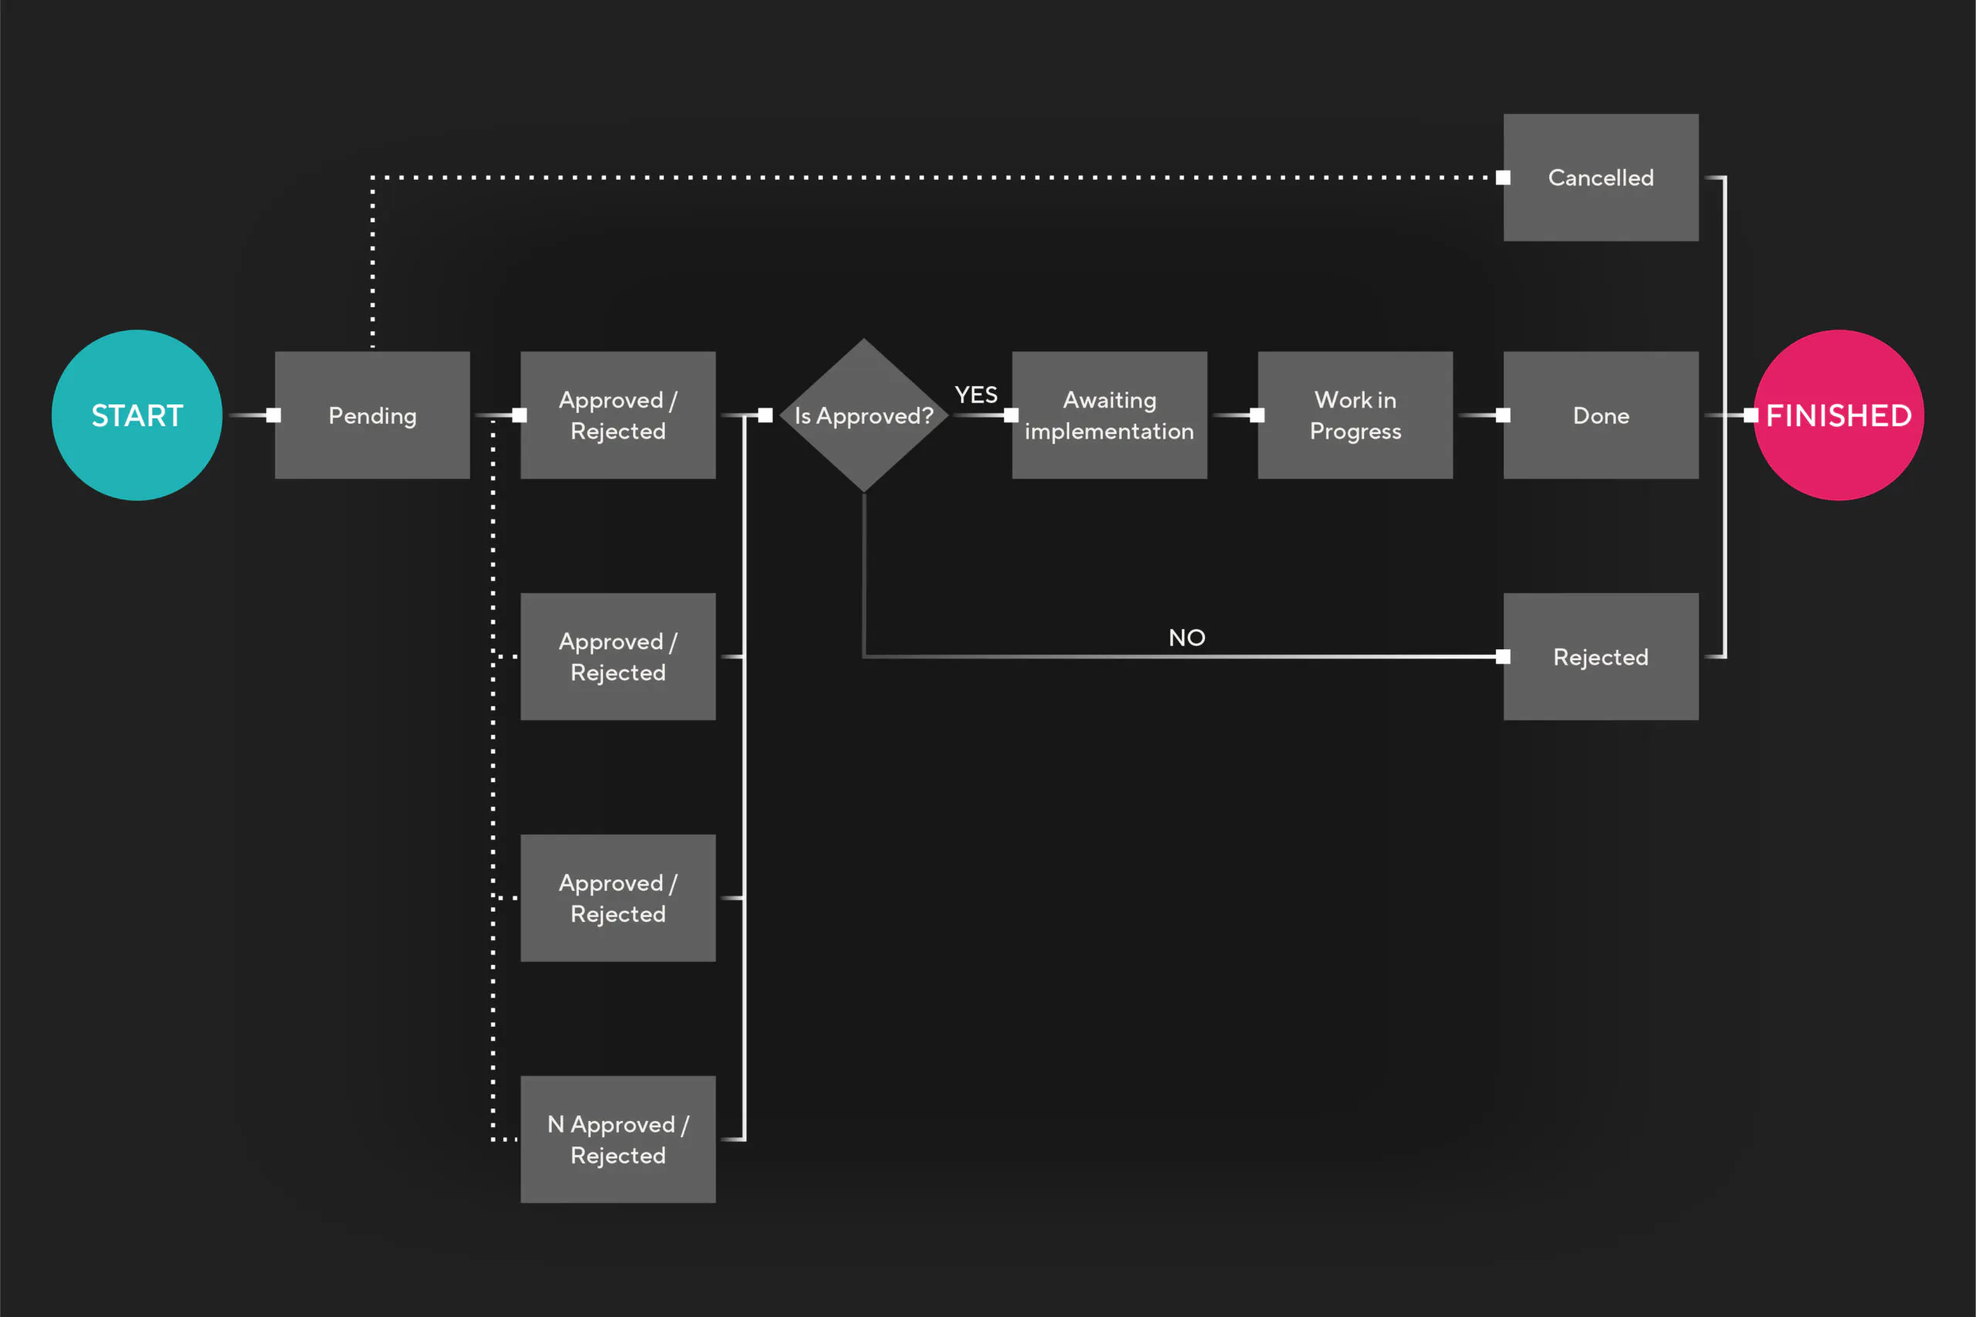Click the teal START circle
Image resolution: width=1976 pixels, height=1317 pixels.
coord(137,415)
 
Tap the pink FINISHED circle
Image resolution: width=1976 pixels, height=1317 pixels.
coord(1839,415)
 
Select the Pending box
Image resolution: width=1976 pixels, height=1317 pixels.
coord(372,415)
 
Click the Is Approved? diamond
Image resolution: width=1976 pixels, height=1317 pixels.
coord(863,415)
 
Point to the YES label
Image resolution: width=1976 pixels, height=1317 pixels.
coord(976,394)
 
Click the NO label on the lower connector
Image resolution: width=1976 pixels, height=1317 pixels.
coord(1186,638)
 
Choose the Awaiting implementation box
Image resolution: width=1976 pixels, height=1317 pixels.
coord(1108,415)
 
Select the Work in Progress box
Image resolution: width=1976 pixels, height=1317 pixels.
coord(1355,415)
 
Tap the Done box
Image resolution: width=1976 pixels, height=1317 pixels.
coord(1600,415)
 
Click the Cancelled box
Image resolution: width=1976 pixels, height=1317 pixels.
coord(1600,178)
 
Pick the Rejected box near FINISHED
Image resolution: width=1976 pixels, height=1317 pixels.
coord(1600,656)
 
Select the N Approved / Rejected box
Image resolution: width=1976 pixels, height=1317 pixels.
coord(617,1139)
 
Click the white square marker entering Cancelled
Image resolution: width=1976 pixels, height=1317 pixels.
coord(1503,178)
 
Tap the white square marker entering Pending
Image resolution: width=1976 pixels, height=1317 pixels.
coord(274,415)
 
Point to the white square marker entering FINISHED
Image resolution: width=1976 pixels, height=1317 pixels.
coord(1750,415)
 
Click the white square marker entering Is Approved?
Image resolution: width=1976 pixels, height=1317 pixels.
coord(765,415)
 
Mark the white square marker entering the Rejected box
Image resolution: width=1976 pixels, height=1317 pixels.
coord(1503,656)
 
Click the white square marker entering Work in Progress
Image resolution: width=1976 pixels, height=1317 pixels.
coord(1257,415)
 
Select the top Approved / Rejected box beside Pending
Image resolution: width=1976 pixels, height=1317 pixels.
coord(617,415)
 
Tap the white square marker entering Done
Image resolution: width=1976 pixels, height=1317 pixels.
coord(1503,415)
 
